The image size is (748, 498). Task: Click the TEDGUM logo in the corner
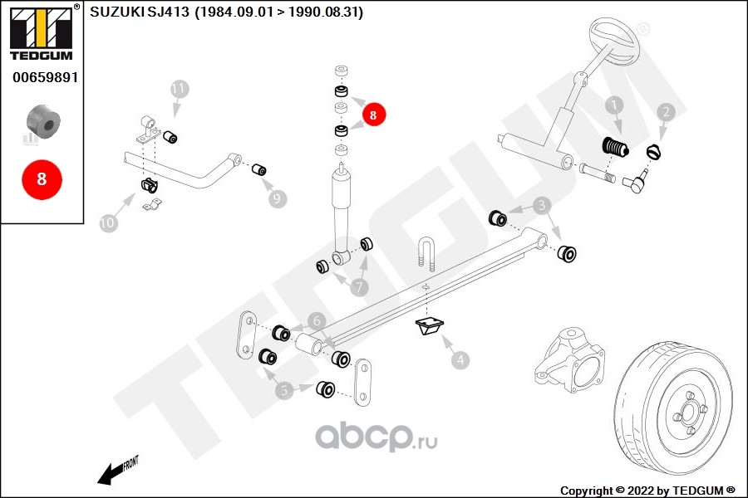pyautogui.click(x=42, y=32)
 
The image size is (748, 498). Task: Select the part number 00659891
pyautogui.click(x=46, y=77)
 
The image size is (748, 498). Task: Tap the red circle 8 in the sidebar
pyautogui.click(x=42, y=179)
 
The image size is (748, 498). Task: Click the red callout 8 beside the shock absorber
pyautogui.click(x=373, y=115)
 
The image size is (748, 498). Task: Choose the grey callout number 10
pyautogui.click(x=108, y=222)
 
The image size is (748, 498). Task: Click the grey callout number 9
pyautogui.click(x=277, y=198)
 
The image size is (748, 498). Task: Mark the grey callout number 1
pyautogui.click(x=614, y=105)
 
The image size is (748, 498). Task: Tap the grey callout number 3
pyautogui.click(x=541, y=205)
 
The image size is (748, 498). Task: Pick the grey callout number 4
pyautogui.click(x=460, y=359)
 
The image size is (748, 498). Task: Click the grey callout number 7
pyautogui.click(x=359, y=287)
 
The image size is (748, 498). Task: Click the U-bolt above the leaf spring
pyautogui.click(x=427, y=253)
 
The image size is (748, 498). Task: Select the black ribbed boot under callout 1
pyautogui.click(x=615, y=147)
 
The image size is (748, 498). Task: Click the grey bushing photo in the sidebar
pyautogui.click(x=43, y=122)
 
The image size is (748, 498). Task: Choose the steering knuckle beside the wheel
pyautogui.click(x=569, y=359)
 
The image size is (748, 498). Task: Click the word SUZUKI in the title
pyautogui.click(x=117, y=12)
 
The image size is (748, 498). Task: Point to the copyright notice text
pyautogui.click(x=647, y=491)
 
